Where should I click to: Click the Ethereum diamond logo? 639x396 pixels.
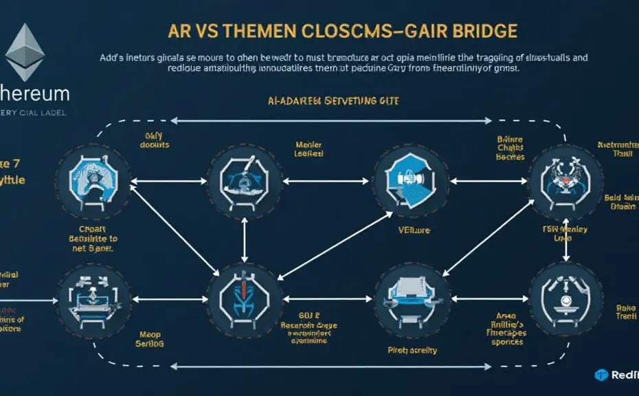(25, 52)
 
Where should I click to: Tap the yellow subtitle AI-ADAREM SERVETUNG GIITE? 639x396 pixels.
(333, 101)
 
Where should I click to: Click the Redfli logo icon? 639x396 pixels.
(602, 375)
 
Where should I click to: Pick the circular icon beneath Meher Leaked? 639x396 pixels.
(245, 181)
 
